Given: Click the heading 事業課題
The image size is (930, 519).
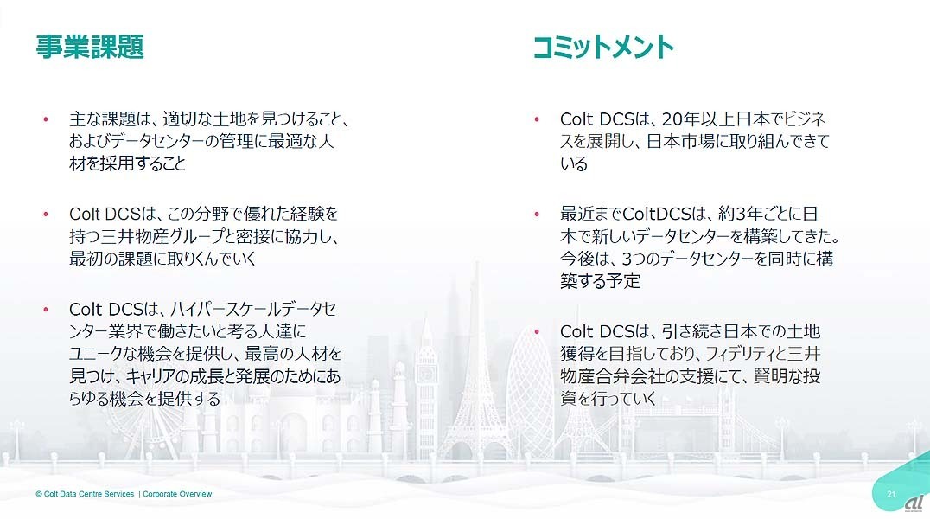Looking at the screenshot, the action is (90, 47).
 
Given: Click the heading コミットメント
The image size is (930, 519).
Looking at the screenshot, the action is (603, 47).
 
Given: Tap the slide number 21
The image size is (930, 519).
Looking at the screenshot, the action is (891, 494).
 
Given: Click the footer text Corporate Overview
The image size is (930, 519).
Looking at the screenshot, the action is (177, 494).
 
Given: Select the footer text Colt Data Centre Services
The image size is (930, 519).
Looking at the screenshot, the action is (85, 494).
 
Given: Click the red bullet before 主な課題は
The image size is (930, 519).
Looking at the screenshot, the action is (46, 119).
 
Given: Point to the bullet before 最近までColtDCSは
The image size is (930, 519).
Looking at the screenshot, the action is (537, 214).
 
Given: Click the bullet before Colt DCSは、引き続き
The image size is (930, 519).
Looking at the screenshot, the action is (537, 332).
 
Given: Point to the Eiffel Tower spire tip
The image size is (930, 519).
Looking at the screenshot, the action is (475, 262).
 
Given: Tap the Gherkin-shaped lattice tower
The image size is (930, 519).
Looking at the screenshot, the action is (530, 392).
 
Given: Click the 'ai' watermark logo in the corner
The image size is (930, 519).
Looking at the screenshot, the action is (914, 503).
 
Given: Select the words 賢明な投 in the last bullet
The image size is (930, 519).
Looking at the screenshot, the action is (787, 376).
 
